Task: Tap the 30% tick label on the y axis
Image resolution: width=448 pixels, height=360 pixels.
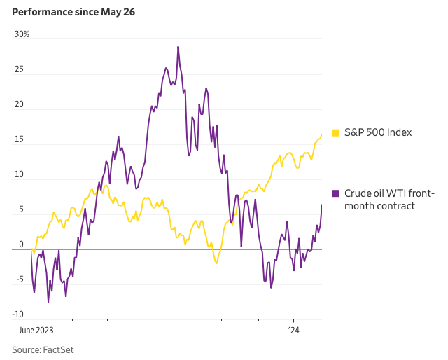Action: pos(22,34)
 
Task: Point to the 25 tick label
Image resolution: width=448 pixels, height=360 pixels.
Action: pos(20,69)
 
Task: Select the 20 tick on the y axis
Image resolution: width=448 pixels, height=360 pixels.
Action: pos(20,104)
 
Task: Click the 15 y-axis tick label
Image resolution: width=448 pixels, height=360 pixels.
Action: pos(20,139)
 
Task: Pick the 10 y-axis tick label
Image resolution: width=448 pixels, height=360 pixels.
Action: pos(20,174)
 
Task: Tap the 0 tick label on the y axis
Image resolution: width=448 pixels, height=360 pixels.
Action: pos(21,244)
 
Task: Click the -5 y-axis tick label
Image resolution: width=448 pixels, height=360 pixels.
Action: pos(20,279)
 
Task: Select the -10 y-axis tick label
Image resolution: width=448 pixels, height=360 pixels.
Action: pos(18,314)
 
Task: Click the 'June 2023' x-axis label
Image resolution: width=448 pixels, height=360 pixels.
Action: pos(36,329)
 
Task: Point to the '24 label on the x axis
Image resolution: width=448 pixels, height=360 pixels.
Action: pos(294,329)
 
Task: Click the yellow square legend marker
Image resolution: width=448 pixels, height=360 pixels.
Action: pos(336,132)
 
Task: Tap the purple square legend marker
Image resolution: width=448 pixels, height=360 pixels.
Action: pos(336,193)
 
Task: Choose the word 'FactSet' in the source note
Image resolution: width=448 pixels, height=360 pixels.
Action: pos(59,349)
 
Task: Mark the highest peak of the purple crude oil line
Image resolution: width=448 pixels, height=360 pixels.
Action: pos(178,47)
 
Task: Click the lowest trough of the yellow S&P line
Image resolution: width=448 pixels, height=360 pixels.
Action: pos(217,263)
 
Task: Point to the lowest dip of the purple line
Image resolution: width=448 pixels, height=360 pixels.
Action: pos(48,302)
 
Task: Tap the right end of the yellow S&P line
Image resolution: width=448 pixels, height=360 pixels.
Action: pos(322,134)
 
